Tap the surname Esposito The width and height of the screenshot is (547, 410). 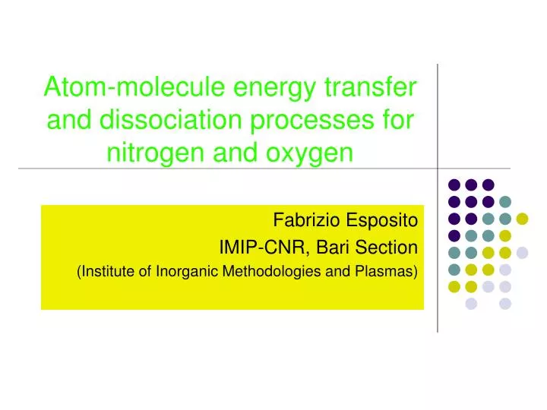pos(384,222)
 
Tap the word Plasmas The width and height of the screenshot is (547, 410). pos(387,272)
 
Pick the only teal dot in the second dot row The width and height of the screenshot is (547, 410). pos(505,201)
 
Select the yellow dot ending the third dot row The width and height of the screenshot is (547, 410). pos(522,219)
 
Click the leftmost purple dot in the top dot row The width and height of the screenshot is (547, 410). pos(454,184)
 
